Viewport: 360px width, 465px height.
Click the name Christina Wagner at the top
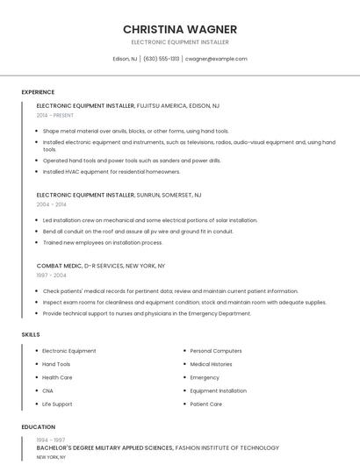click(x=180, y=29)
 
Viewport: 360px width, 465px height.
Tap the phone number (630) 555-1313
click(x=162, y=59)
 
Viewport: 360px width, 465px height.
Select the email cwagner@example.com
click(x=216, y=59)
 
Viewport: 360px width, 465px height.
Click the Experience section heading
click(x=38, y=92)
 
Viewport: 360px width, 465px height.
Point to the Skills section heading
click(x=31, y=334)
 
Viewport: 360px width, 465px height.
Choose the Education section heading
click(x=39, y=426)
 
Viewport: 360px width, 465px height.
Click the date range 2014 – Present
click(x=55, y=115)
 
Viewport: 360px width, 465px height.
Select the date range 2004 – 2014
click(x=51, y=204)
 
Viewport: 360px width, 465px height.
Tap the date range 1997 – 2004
click(x=51, y=275)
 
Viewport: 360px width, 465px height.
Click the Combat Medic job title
click(x=59, y=265)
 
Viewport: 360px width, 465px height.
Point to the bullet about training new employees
click(x=103, y=242)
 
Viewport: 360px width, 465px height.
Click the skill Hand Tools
click(x=56, y=364)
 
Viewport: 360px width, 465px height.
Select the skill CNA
click(x=47, y=390)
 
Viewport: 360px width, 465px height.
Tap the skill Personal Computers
click(x=216, y=351)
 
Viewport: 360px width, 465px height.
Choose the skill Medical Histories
click(x=211, y=364)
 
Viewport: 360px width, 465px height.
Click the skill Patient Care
click(x=205, y=404)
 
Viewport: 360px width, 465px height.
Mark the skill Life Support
click(x=57, y=404)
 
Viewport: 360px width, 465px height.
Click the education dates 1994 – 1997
click(x=51, y=439)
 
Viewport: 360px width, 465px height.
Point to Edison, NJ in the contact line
click(x=125, y=59)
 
